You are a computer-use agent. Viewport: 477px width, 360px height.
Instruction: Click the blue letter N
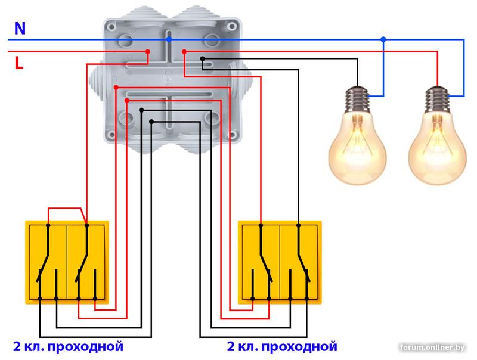point(20,28)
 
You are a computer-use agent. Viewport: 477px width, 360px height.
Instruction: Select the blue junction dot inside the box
point(169,39)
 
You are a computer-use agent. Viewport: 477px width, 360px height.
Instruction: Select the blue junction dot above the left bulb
point(383,39)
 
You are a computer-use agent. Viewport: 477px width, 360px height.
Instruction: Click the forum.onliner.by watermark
point(433,347)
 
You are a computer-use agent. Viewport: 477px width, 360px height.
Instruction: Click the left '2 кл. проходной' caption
point(68,346)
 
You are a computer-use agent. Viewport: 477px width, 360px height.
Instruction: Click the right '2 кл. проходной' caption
point(282,346)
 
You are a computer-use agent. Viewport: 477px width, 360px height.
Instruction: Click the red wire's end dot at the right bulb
point(438,86)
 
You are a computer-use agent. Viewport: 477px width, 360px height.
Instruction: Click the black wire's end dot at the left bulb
point(358,85)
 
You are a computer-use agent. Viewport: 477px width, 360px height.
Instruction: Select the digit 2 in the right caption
point(231,346)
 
